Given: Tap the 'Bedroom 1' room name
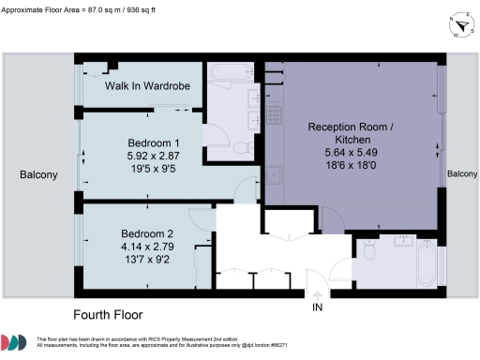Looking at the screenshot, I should point(152,142).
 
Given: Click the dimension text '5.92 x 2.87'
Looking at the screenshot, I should point(152,157).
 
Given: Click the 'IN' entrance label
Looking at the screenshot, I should point(318,307).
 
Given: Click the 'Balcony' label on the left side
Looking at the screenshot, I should point(38,174).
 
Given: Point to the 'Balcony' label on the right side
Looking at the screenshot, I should point(462,174).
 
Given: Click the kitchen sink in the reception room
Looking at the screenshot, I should point(275,173).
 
